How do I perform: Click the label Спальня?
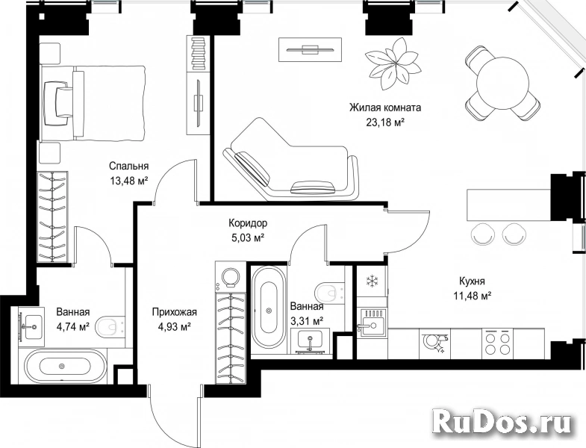(129, 166)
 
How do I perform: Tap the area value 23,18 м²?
(386, 122)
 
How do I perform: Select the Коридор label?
(248, 223)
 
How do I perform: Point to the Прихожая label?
(174, 311)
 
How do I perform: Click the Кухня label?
(472, 281)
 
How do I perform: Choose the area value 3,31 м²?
(308, 321)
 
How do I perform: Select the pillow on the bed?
(58, 104)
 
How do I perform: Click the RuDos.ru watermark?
(502, 423)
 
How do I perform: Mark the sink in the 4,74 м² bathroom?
(32, 326)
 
